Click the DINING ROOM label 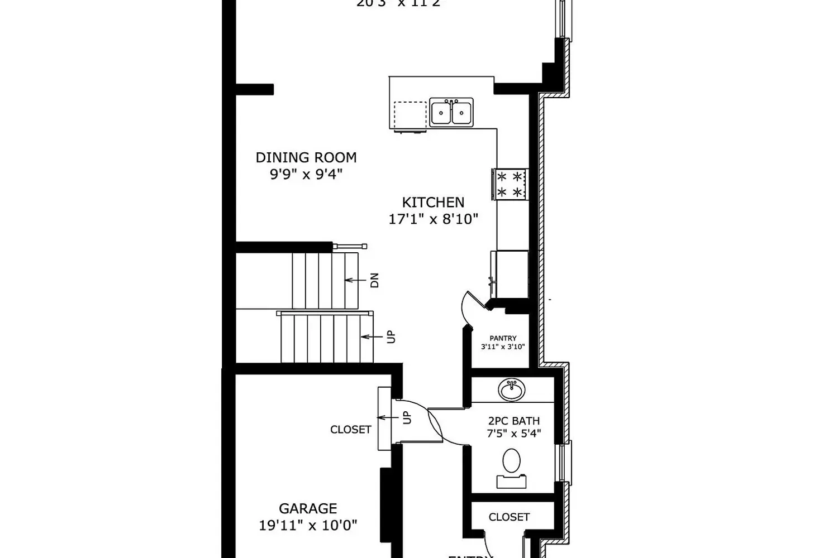pyautogui.click(x=306, y=157)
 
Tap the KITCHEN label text pyautogui.click(x=433, y=202)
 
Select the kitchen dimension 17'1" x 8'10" pyautogui.click(x=433, y=219)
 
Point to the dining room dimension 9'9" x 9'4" pyautogui.click(x=306, y=174)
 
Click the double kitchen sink pyautogui.click(x=451, y=112)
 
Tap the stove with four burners pyautogui.click(x=510, y=185)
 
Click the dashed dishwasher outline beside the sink pyautogui.click(x=410, y=115)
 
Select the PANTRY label pyautogui.click(x=503, y=338)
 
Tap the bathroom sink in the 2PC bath pyautogui.click(x=512, y=389)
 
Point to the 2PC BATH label pyautogui.click(x=513, y=421)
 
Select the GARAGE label pyautogui.click(x=308, y=508)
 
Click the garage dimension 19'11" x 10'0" pyautogui.click(x=308, y=525)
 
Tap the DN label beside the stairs pyautogui.click(x=374, y=280)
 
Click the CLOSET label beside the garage pyautogui.click(x=350, y=429)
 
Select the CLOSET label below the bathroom pyautogui.click(x=508, y=517)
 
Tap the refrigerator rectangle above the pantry pyautogui.click(x=510, y=274)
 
